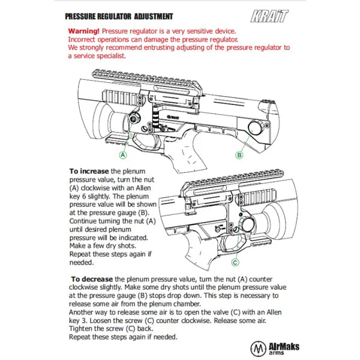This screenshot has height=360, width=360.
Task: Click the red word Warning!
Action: click(84, 30)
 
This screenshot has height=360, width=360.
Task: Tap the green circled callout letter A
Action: click(122, 154)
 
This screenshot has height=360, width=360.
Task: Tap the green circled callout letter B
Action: click(239, 154)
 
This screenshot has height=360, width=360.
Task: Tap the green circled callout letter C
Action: click(235, 262)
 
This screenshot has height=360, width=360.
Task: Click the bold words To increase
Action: click(89, 172)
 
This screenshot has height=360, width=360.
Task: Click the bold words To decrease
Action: click(92, 279)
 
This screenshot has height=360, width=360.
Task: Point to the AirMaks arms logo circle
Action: click(259, 347)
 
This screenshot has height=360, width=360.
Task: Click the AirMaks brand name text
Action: click(286, 345)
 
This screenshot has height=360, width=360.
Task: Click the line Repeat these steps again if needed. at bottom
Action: click(131, 337)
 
